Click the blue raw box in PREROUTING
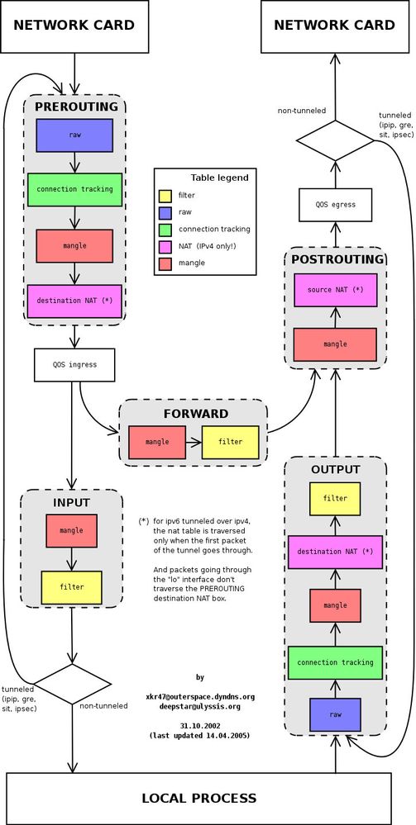[x=74, y=135]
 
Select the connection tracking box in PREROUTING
[x=74, y=189]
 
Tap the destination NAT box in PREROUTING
[x=74, y=301]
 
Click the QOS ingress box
[x=74, y=365]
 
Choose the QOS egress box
[x=335, y=204]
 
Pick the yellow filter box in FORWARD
[x=230, y=442]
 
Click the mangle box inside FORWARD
[x=157, y=442]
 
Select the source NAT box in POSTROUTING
[x=335, y=290]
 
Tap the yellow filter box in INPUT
[x=72, y=587]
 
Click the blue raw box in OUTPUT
[x=335, y=714]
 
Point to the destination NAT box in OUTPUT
[x=335, y=552]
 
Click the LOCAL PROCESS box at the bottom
[x=198, y=798]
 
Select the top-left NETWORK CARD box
[x=74, y=26]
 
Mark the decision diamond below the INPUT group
[x=73, y=685]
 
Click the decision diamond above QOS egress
[x=335, y=140]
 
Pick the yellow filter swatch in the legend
[x=165, y=196]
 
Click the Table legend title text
[x=219, y=178]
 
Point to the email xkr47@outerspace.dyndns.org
[x=200, y=696]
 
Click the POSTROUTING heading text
[x=336, y=259]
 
